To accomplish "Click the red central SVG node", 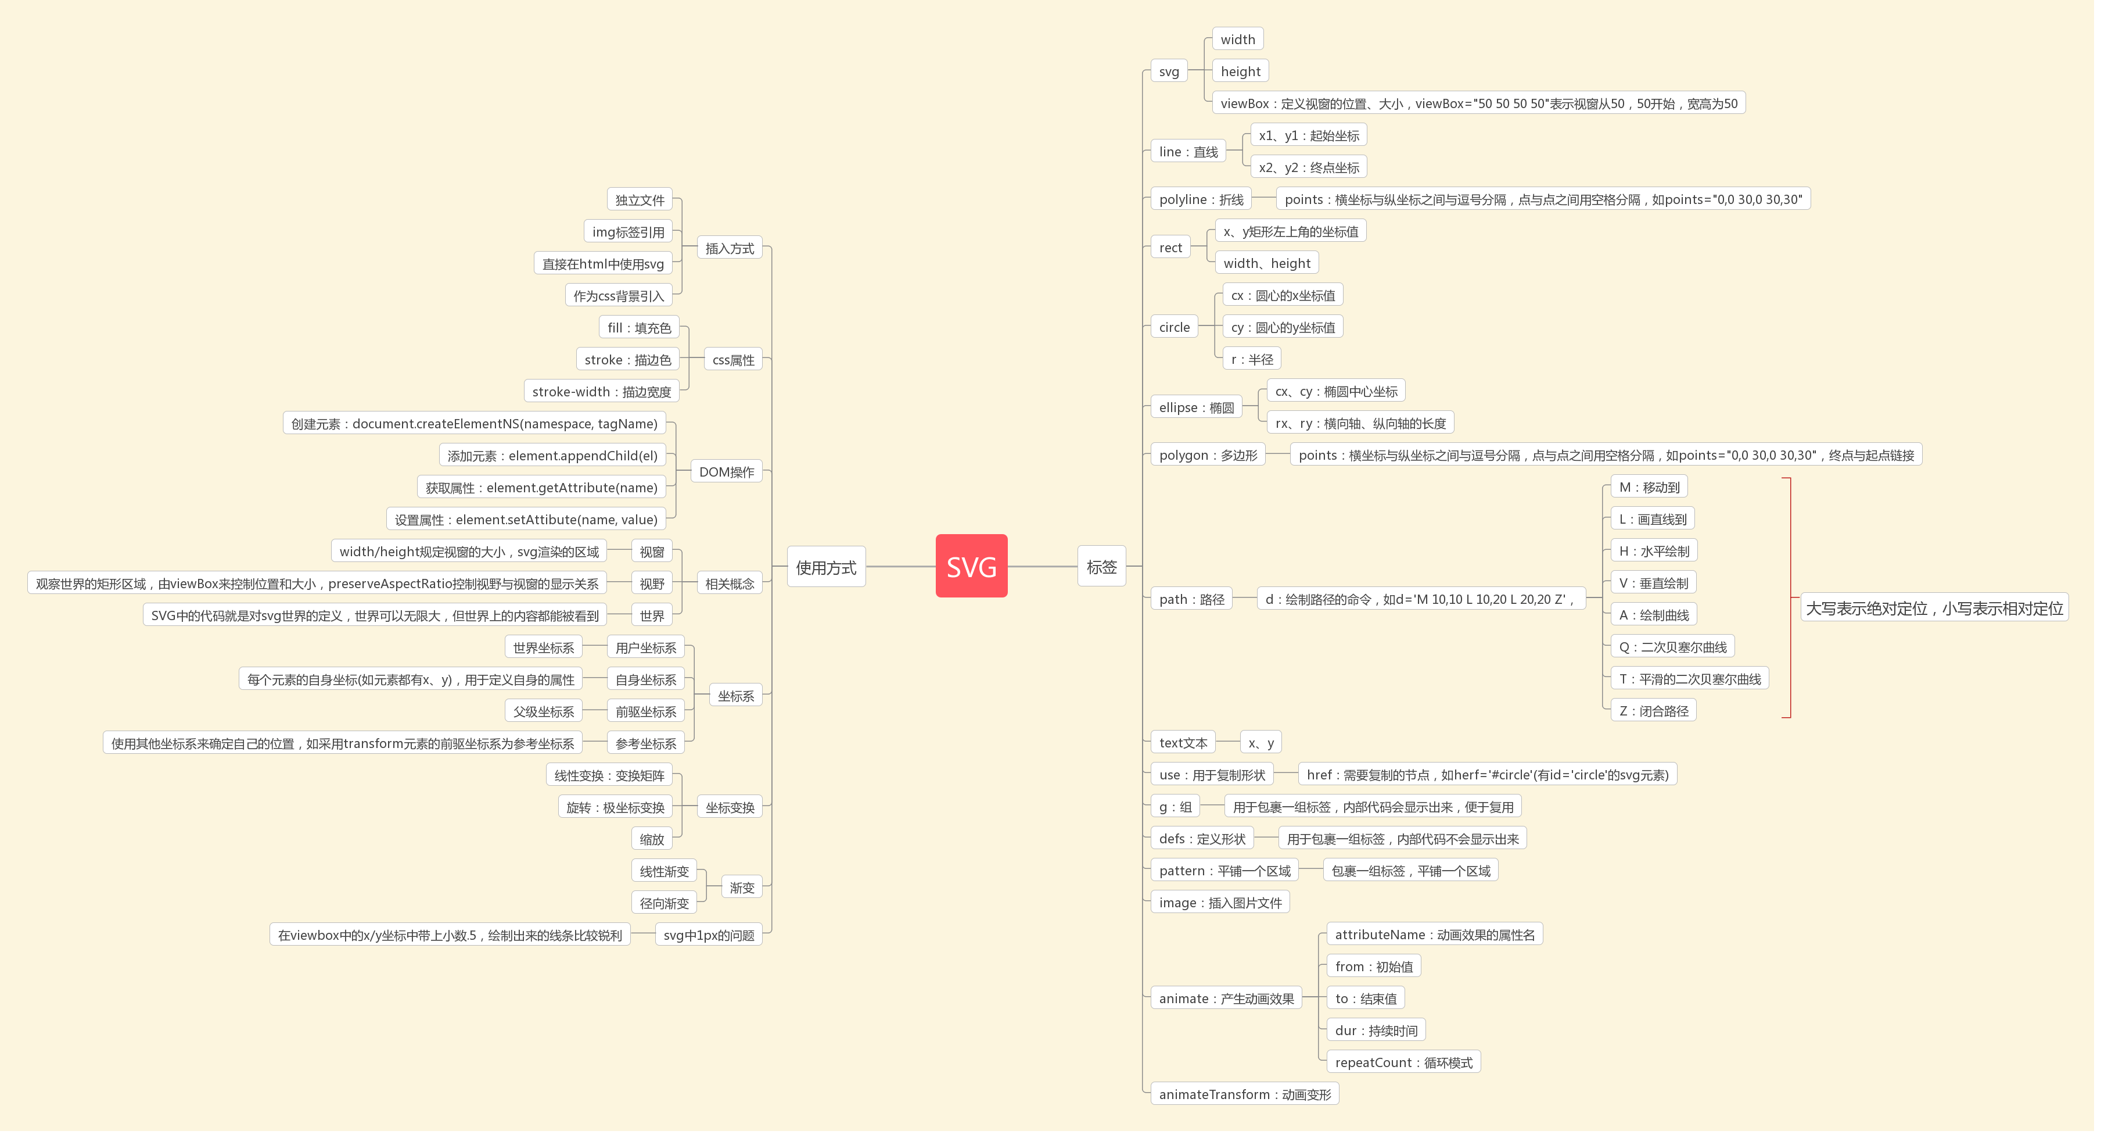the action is point(977,569).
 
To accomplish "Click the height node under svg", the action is point(1248,71).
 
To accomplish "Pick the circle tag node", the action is point(1182,328).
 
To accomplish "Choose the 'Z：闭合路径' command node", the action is point(1664,715).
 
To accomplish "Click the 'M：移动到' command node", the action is point(1660,489).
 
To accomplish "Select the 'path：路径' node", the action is point(1199,603).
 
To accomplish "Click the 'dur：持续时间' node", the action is point(1385,1036).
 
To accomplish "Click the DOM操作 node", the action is point(731,475).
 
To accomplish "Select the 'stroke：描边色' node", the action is point(632,362).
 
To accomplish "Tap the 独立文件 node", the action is point(644,202).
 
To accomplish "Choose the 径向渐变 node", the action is point(669,909).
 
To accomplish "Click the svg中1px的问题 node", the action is point(713,941).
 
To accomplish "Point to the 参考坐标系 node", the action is point(651,748).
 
